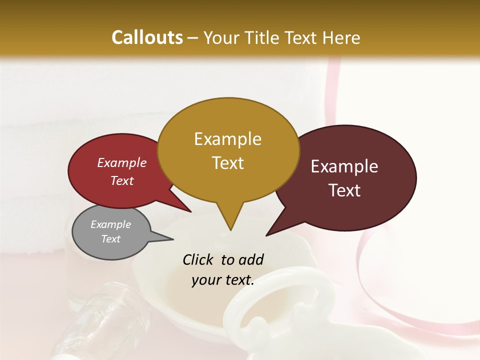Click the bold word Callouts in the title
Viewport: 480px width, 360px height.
147,37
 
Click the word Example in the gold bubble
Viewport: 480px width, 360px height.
227,139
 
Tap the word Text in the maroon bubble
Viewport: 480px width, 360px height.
344,190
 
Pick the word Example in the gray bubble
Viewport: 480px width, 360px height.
110,224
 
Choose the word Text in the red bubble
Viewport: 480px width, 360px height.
121,180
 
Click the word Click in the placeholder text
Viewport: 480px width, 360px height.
198,259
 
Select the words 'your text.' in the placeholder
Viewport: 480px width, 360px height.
222,280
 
